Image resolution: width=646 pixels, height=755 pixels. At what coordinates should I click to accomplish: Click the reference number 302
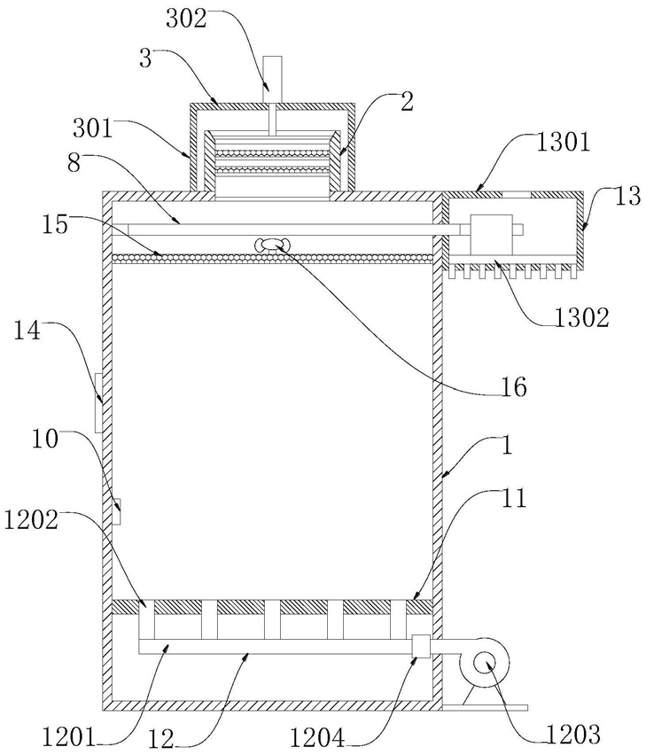point(186,19)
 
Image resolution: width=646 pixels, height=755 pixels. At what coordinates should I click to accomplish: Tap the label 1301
point(563,143)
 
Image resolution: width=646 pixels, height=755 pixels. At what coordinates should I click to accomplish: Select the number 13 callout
point(628,196)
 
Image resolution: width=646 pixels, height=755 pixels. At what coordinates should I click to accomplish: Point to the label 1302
point(582,317)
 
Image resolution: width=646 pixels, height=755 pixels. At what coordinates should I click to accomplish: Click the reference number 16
point(515,387)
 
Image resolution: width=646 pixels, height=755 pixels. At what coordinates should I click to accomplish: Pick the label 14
point(27,331)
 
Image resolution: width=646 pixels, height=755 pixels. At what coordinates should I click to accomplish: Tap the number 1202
point(31,519)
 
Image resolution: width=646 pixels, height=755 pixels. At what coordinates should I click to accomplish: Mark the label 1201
point(69,737)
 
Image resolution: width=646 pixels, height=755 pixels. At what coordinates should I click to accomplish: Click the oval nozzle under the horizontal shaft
point(271,245)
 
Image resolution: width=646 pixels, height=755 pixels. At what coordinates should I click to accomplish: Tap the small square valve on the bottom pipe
point(421,646)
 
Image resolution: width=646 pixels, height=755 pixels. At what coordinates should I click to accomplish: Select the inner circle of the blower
point(483,664)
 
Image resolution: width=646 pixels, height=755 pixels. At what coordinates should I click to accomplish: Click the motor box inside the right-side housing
point(491,235)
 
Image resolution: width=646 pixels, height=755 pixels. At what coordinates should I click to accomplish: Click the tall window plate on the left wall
point(98,402)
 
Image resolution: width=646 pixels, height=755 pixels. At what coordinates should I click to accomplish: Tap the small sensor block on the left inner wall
point(116,512)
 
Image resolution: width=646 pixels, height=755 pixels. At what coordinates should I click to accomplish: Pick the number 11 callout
point(514,498)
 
